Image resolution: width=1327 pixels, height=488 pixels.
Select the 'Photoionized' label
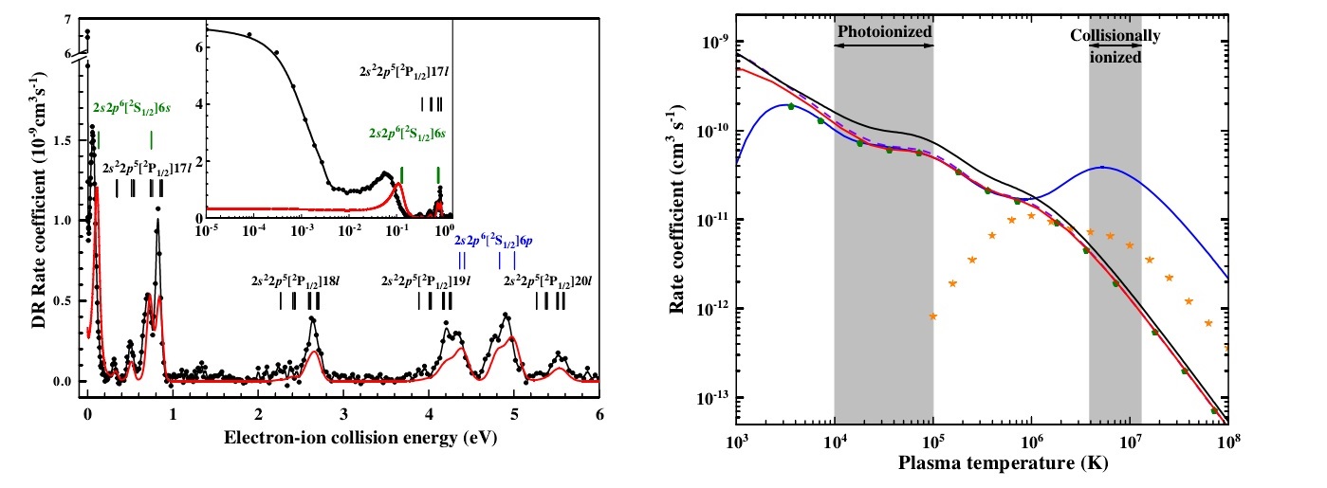(x=884, y=30)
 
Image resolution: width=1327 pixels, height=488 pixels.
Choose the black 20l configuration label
(x=550, y=281)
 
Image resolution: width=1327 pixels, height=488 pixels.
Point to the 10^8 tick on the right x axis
(x=1229, y=442)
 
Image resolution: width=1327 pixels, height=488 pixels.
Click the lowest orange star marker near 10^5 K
(x=934, y=316)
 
